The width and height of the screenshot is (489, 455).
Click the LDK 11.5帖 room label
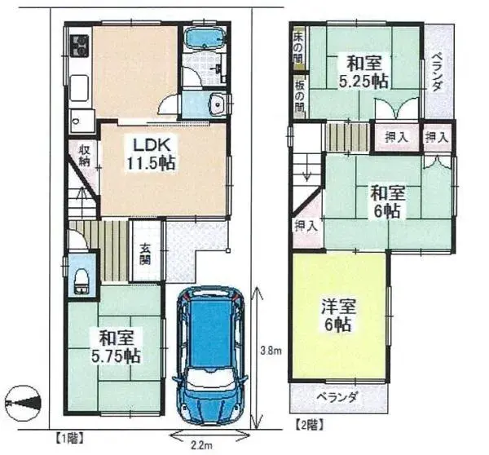click(151, 152)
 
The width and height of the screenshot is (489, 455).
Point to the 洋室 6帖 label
click(336, 314)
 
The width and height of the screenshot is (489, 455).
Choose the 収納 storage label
click(84, 155)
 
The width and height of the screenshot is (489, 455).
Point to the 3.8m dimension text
click(270, 351)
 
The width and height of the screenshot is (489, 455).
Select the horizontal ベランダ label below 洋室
click(337, 397)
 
